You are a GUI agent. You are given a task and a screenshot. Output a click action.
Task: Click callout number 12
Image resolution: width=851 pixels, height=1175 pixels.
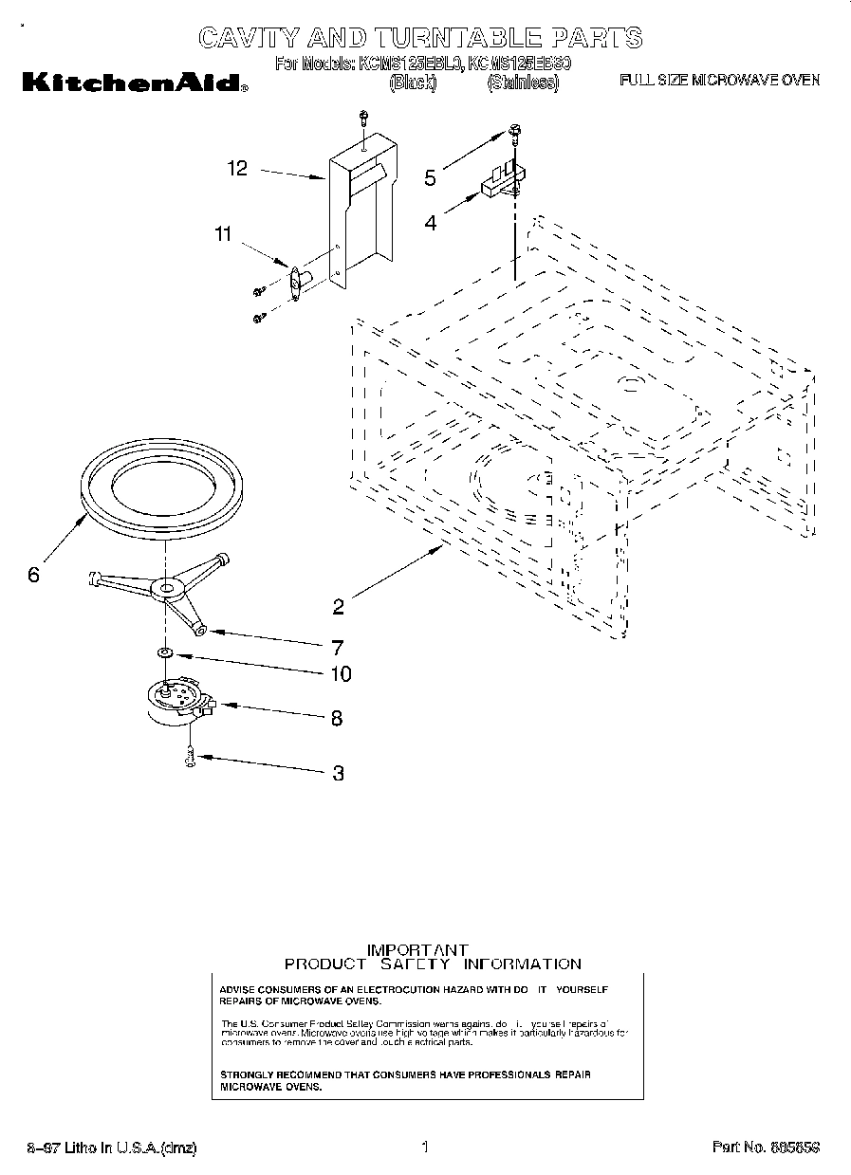(x=237, y=169)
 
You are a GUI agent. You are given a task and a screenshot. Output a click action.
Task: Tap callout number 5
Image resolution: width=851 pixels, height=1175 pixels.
(x=430, y=177)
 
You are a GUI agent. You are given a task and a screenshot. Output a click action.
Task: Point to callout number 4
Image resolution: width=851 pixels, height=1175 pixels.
(x=431, y=224)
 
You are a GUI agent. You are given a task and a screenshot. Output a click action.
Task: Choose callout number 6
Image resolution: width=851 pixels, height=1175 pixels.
(x=33, y=575)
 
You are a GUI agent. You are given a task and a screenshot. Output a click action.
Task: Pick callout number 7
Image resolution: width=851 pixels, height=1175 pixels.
(x=337, y=648)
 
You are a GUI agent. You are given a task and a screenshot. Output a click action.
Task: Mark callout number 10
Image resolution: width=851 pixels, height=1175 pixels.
(x=339, y=673)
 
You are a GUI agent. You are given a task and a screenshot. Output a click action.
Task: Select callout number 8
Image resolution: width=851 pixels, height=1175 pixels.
(x=336, y=718)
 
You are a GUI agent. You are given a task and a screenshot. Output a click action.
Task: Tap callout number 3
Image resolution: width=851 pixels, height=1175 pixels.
(x=338, y=773)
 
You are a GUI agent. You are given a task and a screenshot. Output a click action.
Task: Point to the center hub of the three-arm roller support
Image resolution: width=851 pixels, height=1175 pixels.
(x=167, y=590)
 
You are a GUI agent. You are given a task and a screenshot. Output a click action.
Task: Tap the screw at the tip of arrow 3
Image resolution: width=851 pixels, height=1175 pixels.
(x=190, y=756)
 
